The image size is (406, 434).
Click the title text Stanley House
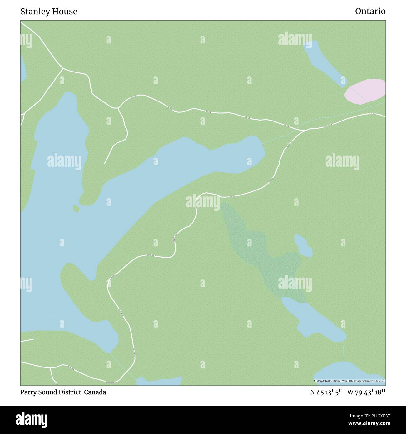49,12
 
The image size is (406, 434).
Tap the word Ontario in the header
370,12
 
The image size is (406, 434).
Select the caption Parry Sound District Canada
63,392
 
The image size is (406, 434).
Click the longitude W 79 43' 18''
366,392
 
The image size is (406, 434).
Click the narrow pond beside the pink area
325,64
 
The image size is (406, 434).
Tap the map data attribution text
349,381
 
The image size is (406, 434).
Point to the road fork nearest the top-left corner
63,68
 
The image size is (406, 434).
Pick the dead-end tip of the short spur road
104,163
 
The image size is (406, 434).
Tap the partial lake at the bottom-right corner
350,373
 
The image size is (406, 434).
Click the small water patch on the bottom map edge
159,381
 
